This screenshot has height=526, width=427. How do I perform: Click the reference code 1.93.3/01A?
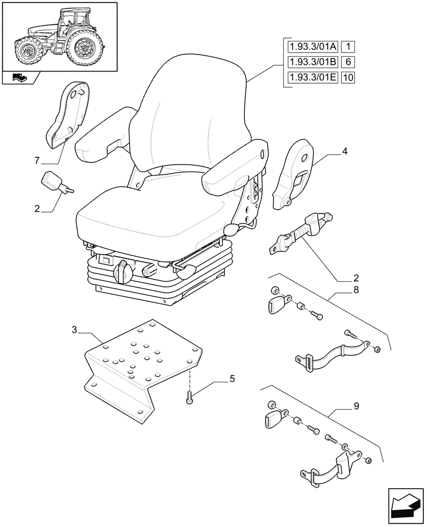[x=312, y=47]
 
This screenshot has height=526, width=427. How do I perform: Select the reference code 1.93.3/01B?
[x=312, y=63]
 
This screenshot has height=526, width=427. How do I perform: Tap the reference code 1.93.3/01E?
[x=312, y=78]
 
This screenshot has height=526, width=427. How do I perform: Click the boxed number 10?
[x=348, y=78]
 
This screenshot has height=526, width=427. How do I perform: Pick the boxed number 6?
[x=348, y=63]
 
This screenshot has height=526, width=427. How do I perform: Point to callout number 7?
[x=36, y=159]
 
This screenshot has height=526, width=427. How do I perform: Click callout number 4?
[x=344, y=152]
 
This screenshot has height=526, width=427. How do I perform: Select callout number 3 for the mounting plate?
[x=75, y=330]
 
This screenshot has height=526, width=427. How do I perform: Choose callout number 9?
[x=342, y=406]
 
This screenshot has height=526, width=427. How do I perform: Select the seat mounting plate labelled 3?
[x=142, y=368]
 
